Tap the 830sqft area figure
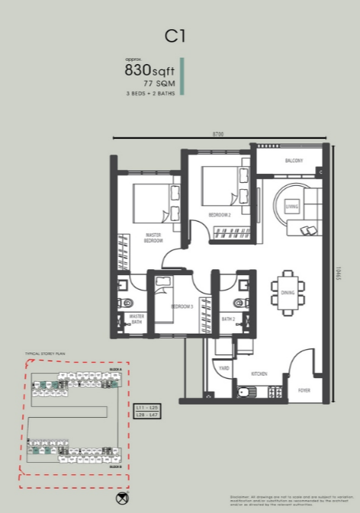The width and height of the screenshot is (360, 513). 149,70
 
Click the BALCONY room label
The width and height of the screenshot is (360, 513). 294,161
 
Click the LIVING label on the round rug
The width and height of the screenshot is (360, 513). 291,206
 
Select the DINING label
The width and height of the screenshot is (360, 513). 288,292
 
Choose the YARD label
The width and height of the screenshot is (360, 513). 224,367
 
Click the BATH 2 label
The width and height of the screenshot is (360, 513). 228,319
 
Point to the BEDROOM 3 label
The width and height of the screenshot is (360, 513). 182,306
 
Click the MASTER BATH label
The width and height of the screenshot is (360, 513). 137,319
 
